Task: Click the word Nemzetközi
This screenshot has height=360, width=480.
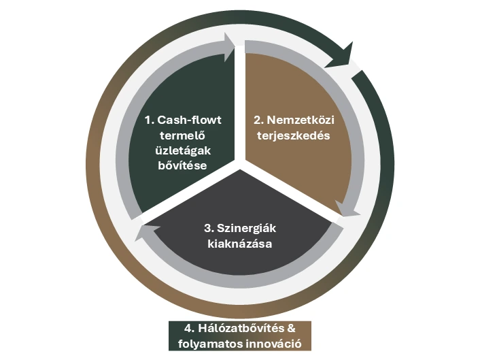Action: tap(296, 120)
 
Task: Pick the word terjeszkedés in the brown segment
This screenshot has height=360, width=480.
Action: tap(289, 135)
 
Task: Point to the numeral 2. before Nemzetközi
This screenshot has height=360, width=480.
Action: tap(258, 120)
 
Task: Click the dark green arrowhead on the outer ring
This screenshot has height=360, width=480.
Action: tap(341, 57)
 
